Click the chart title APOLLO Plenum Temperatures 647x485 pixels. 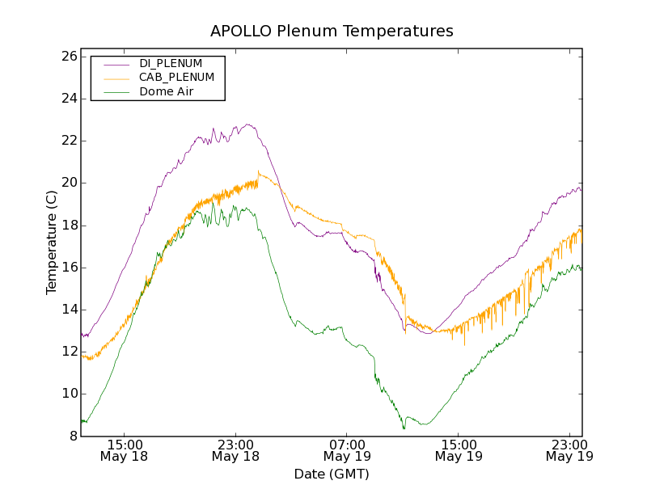click(x=332, y=32)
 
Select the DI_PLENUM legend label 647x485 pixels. click(x=171, y=63)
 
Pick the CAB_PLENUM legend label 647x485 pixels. click(x=176, y=78)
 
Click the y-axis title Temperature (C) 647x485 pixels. click(x=52, y=242)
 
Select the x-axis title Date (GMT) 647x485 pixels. click(x=332, y=474)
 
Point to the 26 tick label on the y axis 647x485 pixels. click(x=68, y=57)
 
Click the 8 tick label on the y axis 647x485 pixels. click(x=72, y=436)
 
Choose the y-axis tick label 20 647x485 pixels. click(x=68, y=183)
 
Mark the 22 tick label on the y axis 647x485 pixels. click(x=68, y=141)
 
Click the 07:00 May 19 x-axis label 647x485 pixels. click(x=347, y=450)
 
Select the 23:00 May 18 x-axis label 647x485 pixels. click(x=235, y=450)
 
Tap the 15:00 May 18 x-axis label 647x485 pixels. click(x=124, y=450)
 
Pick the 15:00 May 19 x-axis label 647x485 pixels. click(x=459, y=450)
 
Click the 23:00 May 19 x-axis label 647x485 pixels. click(x=569, y=450)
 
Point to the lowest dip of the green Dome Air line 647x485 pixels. click(x=404, y=428)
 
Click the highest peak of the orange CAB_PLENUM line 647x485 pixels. click(x=258, y=171)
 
